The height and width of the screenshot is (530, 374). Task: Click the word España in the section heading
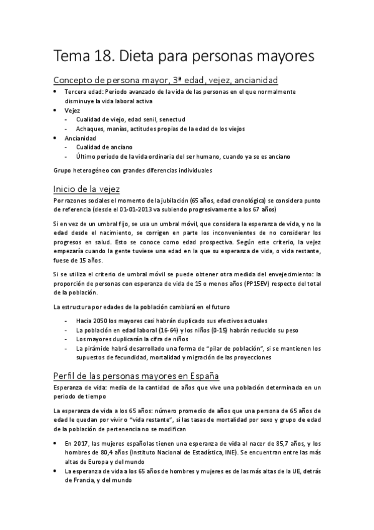[x=200, y=375]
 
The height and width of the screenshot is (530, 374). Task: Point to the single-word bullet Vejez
[x=72, y=110]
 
